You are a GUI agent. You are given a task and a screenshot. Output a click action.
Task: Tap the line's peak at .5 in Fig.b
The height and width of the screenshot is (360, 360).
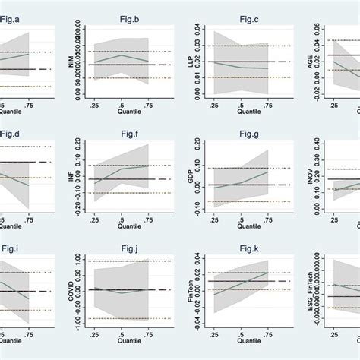point(122,55)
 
